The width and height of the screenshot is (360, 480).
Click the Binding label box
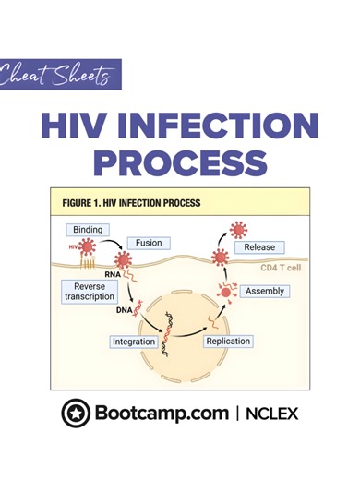(x=88, y=229)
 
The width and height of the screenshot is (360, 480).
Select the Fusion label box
(x=149, y=244)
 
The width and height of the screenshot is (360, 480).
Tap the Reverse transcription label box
(x=90, y=292)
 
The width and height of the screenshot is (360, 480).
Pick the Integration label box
(x=134, y=342)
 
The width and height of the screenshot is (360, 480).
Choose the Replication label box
(x=228, y=342)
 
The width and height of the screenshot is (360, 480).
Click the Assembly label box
(x=265, y=292)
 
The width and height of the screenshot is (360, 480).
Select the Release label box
(x=259, y=247)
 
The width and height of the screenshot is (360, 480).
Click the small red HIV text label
(x=72, y=246)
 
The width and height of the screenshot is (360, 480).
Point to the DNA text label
(x=123, y=310)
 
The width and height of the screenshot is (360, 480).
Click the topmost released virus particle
(x=238, y=229)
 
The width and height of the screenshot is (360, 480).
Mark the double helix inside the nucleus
(x=170, y=332)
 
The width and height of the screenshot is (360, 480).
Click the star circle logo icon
(x=76, y=414)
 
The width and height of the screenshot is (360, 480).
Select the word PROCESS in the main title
(x=180, y=162)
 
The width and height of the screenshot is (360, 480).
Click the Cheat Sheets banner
(x=60, y=75)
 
